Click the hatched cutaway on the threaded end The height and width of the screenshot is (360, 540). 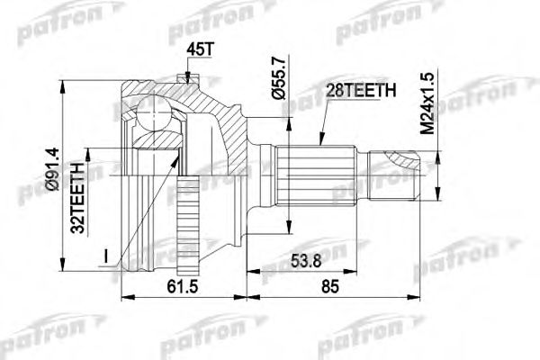tap(400, 162)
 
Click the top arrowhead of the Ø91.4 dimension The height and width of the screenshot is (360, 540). tap(63, 85)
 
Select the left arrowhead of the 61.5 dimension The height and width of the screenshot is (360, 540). tap(121, 295)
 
